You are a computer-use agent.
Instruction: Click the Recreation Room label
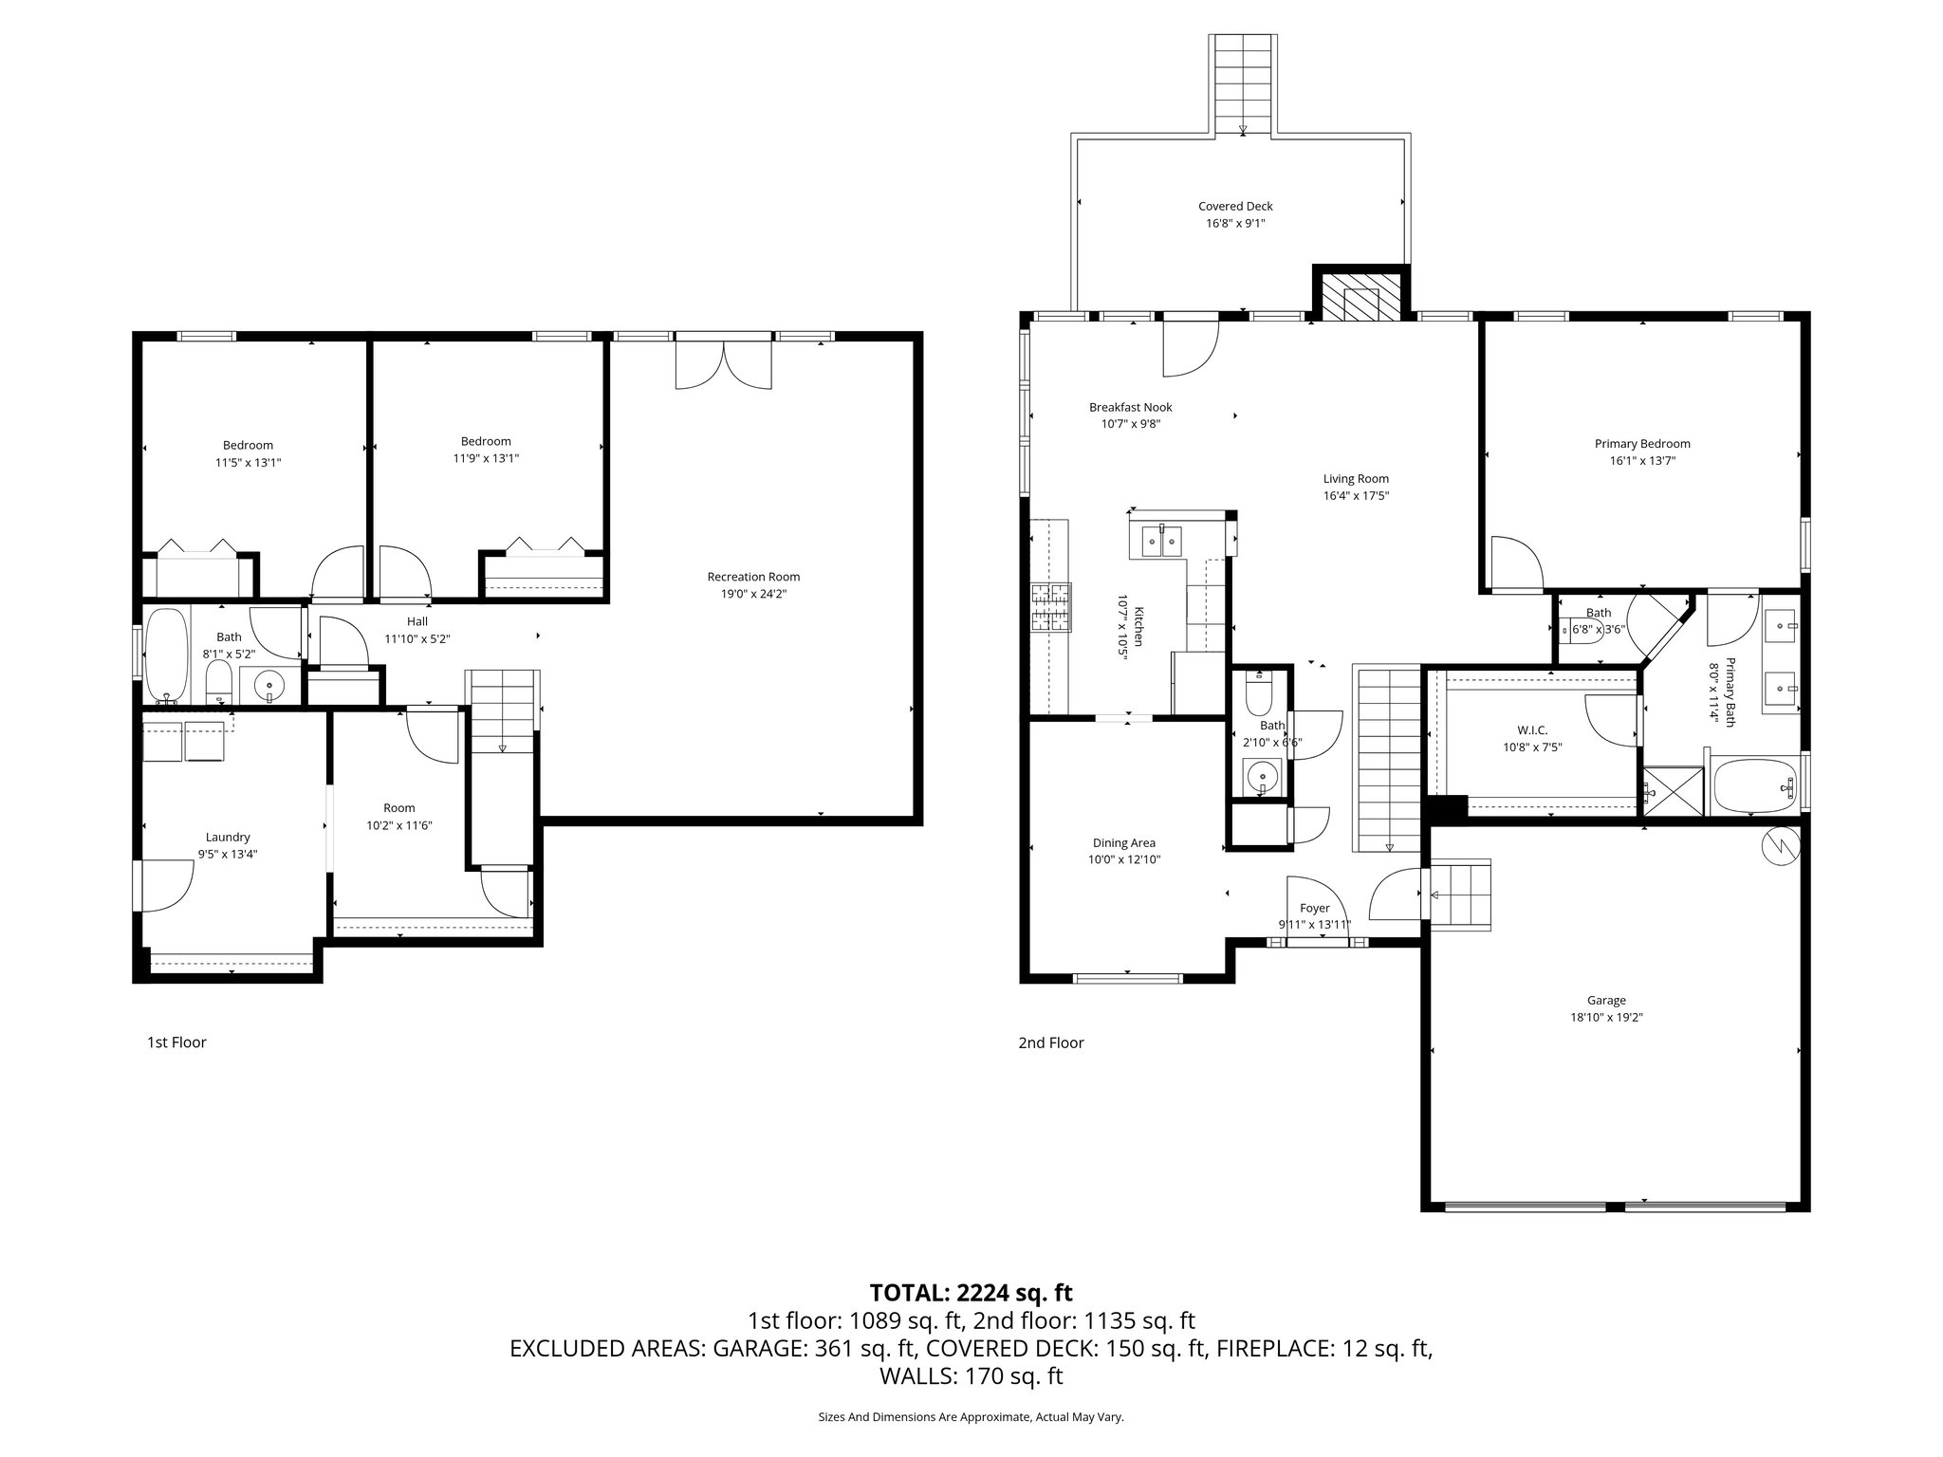[x=753, y=577]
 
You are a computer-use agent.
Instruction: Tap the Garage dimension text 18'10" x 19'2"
[x=1606, y=1017]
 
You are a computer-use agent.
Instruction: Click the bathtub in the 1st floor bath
[x=167, y=655]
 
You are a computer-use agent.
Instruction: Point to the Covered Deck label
[x=1235, y=206]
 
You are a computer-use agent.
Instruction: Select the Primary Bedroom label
[x=1641, y=443]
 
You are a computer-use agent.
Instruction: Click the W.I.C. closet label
[x=1531, y=730]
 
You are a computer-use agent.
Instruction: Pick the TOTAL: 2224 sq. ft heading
[x=971, y=1292]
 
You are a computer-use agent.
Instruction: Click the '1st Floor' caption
[x=176, y=1042]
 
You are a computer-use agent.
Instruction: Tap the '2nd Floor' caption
[x=1050, y=1042]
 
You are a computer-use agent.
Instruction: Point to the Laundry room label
[x=228, y=837]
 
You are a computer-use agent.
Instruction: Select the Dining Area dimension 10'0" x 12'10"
[x=1124, y=859]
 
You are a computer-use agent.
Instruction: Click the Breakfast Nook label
[x=1130, y=407]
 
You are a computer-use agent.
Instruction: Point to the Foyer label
[x=1314, y=908]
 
